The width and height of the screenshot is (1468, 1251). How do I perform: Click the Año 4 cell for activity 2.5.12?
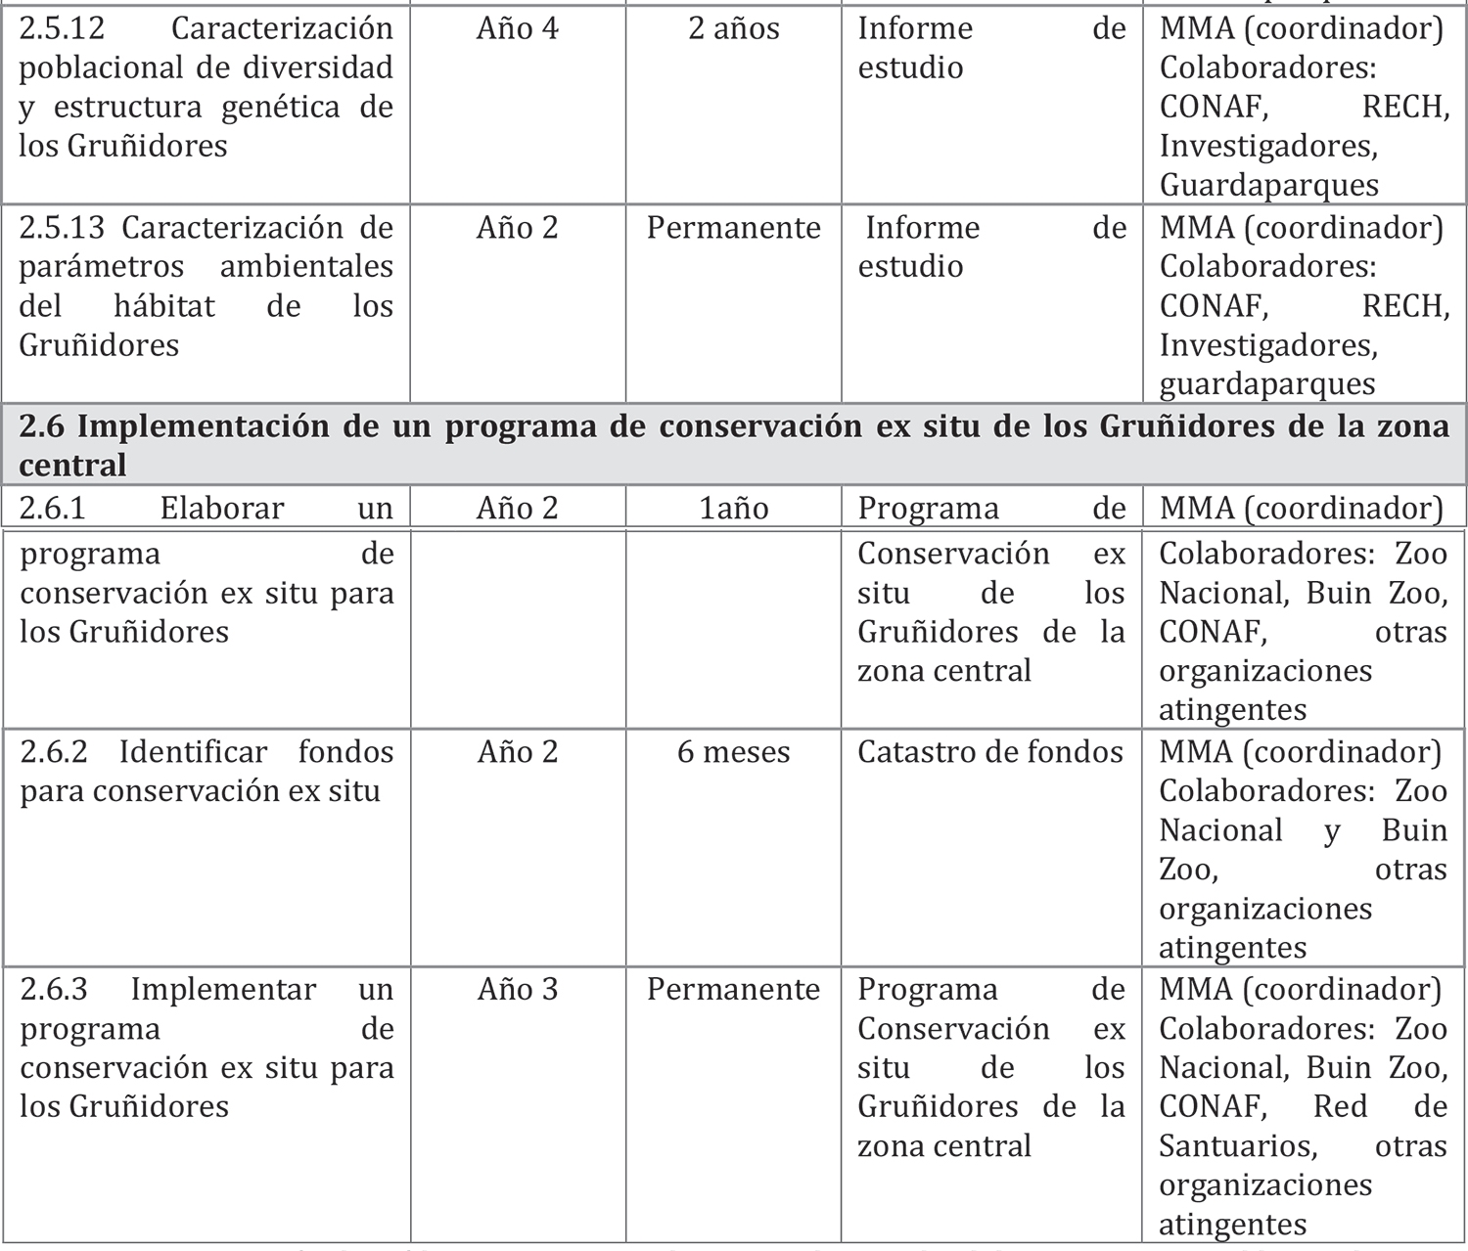pos(517,28)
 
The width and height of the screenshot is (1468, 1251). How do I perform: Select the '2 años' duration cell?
pos(733,28)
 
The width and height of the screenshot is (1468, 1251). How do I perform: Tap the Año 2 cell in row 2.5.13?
pos(517,228)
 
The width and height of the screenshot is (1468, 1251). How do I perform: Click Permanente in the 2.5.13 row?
pos(733,228)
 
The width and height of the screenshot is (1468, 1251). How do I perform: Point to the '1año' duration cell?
pos(733,509)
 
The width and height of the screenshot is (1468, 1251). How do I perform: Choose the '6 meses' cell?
pos(733,752)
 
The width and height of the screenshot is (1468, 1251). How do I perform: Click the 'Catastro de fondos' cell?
pos(989,752)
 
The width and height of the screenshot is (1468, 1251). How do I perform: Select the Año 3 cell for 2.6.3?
pos(517,990)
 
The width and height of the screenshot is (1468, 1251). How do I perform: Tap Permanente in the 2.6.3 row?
pos(733,990)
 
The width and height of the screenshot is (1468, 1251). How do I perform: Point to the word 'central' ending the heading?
pos(72,466)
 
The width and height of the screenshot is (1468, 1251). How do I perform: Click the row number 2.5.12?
pos(62,28)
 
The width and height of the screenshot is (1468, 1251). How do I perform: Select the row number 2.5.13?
pos(62,228)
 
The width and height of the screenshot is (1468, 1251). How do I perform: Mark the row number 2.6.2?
pos(54,752)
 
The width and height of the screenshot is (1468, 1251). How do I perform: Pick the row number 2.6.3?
pos(54,990)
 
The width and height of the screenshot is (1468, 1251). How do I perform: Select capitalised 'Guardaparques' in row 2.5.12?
pos(1268,185)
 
